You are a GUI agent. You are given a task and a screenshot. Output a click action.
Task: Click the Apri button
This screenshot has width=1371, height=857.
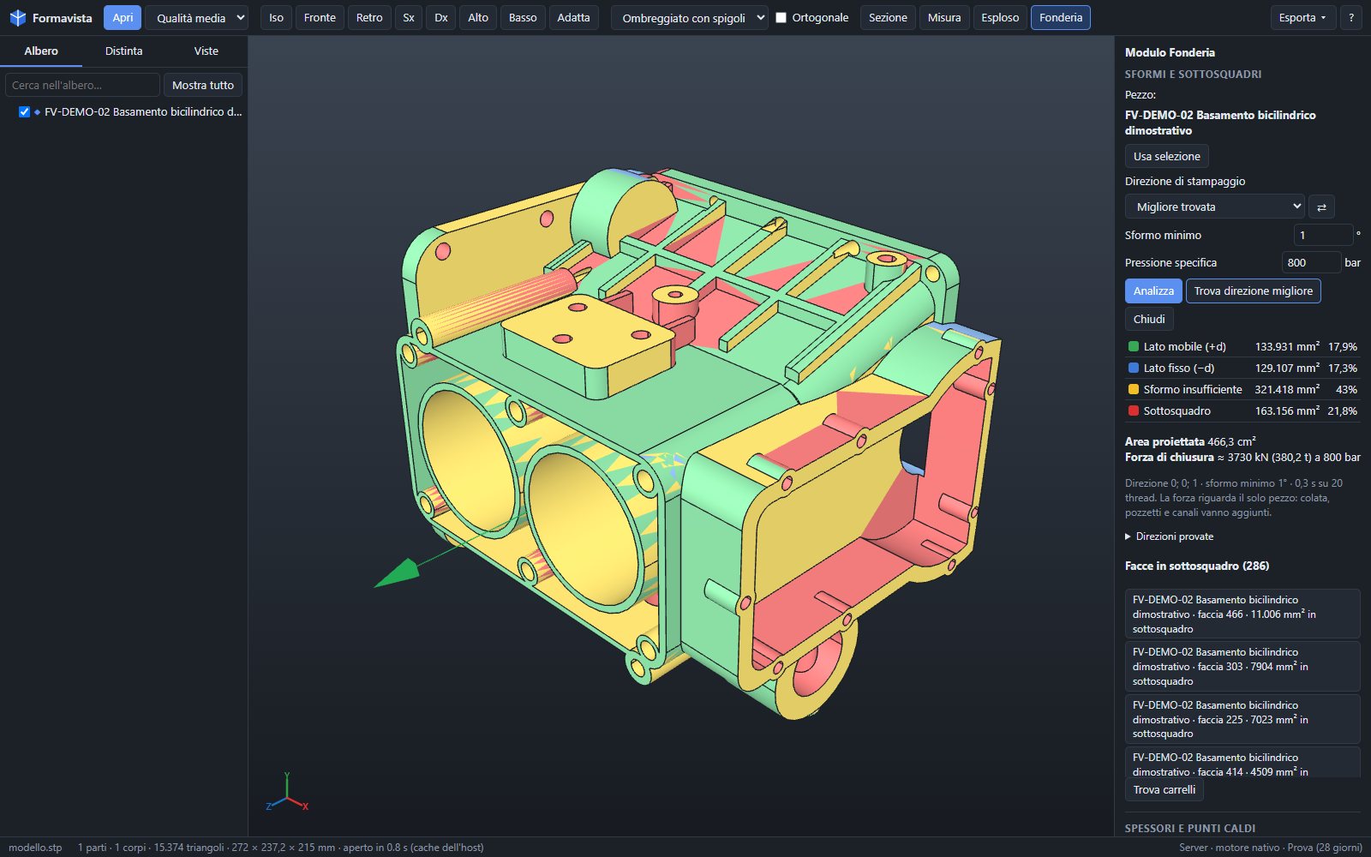coord(123,18)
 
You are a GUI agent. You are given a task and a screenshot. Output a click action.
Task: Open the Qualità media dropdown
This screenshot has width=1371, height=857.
coord(197,18)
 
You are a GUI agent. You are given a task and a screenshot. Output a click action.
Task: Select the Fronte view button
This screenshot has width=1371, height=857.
coord(320,18)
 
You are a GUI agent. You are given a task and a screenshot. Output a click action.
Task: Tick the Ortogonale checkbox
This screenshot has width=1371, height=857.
coord(781,18)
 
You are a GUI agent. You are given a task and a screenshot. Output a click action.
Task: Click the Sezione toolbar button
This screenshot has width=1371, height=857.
coord(888,18)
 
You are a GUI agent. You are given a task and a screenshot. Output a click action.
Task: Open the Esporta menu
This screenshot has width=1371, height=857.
coord(1302,18)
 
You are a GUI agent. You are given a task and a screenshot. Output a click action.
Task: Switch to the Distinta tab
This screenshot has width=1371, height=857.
coord(123,51)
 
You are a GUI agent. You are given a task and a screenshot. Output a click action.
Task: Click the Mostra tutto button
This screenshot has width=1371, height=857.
coord(202,85)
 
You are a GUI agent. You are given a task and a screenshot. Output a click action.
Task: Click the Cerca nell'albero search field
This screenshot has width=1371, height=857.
coord(82,85)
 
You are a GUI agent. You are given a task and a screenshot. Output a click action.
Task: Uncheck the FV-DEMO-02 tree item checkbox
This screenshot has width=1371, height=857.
coord(25,112)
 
